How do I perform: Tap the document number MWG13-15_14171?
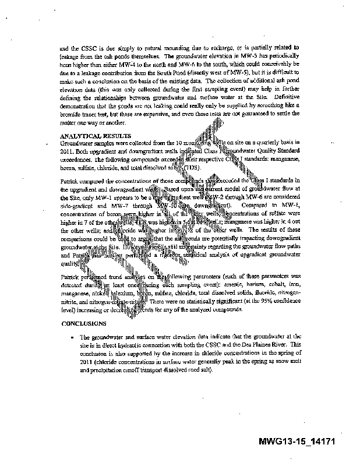tap(297, 442)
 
